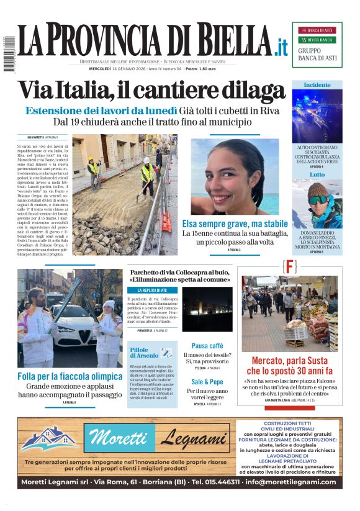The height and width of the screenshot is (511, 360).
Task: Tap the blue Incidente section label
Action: pyautogui.click(x=317, y=84)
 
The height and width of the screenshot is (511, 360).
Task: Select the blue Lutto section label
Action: pyautogui.click(x=317, y=174)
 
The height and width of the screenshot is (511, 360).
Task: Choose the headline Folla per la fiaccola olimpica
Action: pyautogui.click(x=70, y=376)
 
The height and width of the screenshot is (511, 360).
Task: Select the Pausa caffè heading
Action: pyautogui.click(x=207, y=346)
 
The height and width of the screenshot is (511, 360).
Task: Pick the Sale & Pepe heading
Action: pyautogui.click(x=207, y=381)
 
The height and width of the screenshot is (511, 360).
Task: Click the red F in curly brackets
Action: pyautogui.click(x=289, y=267)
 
